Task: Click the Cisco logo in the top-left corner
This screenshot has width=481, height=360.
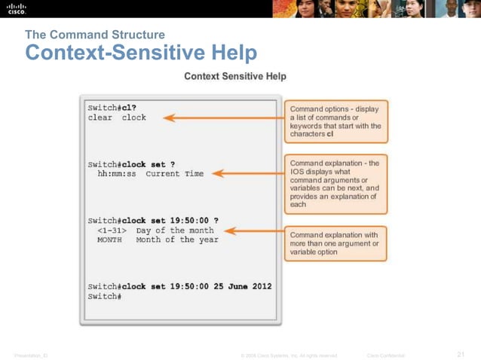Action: [16, 9]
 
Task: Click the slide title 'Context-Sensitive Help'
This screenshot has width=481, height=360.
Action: [141, 53]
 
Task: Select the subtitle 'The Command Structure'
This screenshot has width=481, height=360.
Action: [94, 35]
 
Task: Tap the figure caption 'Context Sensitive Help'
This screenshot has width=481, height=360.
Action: [234, 76]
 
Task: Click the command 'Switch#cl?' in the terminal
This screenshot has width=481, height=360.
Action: [107, 107]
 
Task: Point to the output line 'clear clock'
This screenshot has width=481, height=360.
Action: [117, 117]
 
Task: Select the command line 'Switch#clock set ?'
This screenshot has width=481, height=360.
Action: [131, 163]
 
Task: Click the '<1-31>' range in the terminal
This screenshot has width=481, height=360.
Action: [112, 230]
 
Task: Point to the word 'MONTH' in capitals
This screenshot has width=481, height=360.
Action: [110, 240]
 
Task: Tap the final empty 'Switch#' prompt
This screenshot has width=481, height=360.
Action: [104, 297]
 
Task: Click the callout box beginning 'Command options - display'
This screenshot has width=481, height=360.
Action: [335, 121]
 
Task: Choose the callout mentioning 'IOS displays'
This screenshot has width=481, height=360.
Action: [335, 183]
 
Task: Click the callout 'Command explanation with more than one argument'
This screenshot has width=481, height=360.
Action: [335, 243]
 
